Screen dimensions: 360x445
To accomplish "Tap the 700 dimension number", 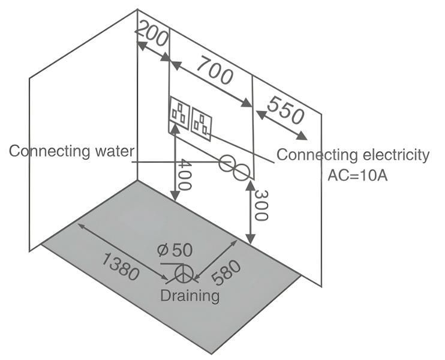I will tap(214, 70).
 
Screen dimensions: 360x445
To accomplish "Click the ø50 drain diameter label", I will tap(175, 251).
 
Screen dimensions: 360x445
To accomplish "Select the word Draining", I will tap(190, 296).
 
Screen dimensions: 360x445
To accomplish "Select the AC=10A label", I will tap(358, 176).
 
